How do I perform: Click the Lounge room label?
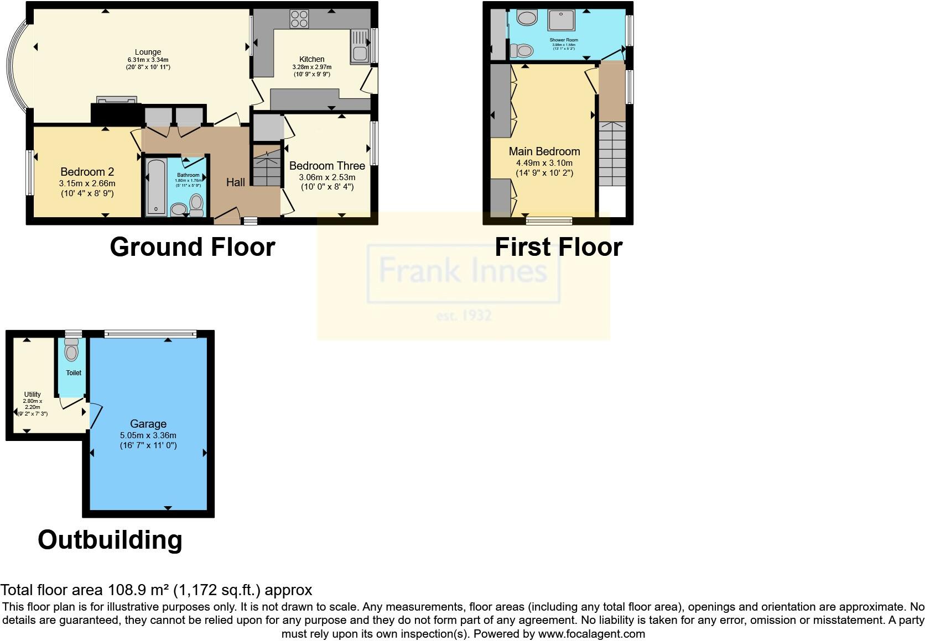148,52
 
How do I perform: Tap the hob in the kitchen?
299,19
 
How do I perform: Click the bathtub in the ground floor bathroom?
155,187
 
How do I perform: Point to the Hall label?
236,182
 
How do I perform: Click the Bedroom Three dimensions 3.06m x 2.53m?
327,177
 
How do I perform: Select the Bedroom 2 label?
87,172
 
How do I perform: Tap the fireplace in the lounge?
116,100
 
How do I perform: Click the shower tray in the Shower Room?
561,20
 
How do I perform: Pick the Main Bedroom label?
544,151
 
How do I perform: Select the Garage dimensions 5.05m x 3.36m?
148,435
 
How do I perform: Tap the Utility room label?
32,395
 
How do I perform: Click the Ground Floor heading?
192,246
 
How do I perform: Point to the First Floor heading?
558,246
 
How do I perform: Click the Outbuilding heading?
110,539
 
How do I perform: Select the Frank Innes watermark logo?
463,274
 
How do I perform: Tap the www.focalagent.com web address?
591,634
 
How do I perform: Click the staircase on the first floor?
612,157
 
